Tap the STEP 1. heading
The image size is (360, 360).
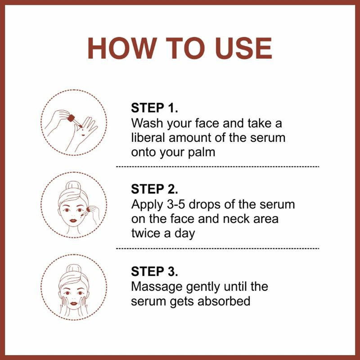155,108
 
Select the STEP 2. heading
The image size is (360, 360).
155,189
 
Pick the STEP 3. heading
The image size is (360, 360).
155,271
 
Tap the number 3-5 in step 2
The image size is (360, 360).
180,204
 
